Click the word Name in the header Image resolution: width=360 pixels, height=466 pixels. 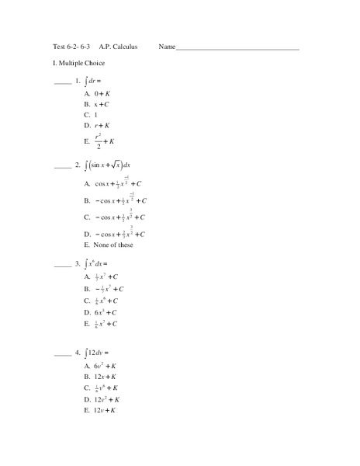[x=167, y=47]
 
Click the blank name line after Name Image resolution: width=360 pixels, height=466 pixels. [x=237, y=48]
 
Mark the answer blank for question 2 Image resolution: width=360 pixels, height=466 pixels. [x=62, y=166]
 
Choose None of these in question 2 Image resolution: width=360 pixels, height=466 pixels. [x=113, y=245]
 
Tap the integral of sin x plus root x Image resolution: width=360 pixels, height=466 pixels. [x=109, y=165]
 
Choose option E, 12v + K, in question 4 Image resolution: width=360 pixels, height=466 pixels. [x=104, y=409]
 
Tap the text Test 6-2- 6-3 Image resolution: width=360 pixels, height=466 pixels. [x=72, y=47]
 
